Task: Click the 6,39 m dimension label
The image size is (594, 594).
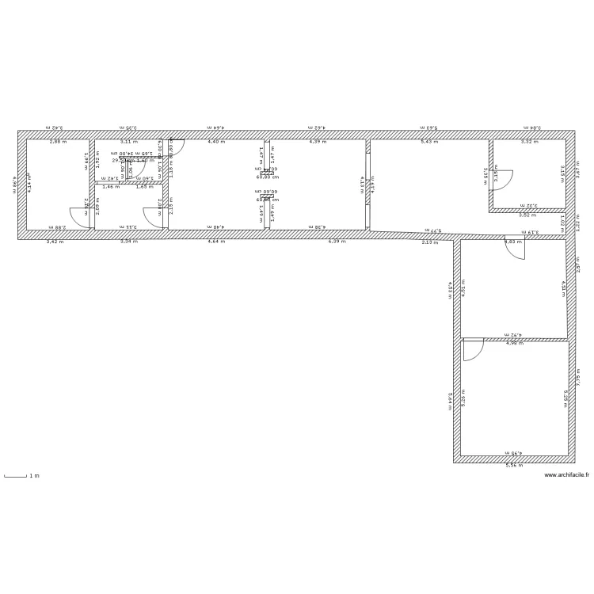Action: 338,241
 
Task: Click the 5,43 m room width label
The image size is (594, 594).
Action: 428,142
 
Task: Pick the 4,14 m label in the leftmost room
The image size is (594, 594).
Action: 30,183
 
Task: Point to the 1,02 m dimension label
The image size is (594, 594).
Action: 562,223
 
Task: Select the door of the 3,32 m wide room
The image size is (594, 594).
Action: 503,178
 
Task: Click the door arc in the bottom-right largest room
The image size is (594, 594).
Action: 473,350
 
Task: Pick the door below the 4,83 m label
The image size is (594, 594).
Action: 516,249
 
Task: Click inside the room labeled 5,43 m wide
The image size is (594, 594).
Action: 428,186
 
